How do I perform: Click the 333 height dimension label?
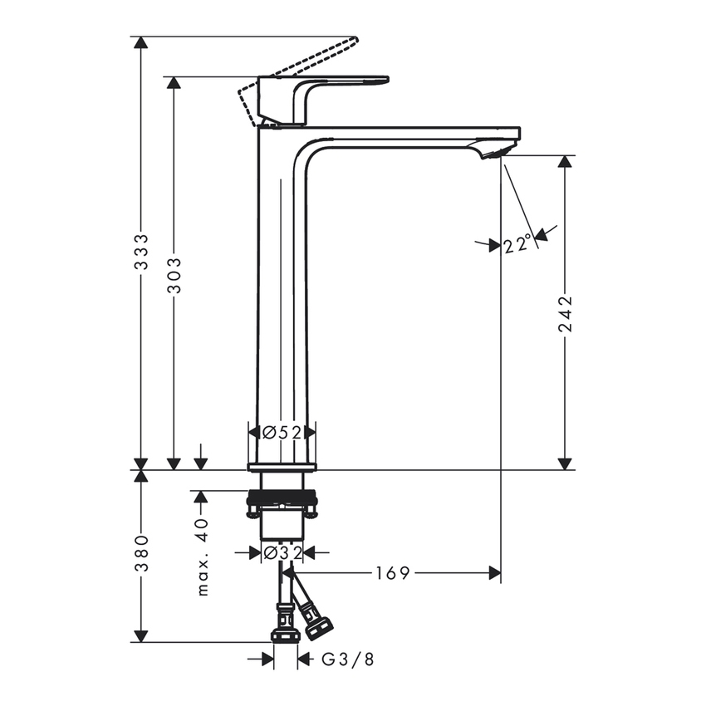pyautogui.click(x=142, y=252)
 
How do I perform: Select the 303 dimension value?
pyautogui.click(x=174, y=275)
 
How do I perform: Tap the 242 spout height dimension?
pyautogui.click(x=566, y=313)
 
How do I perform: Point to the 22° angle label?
pyautogui.click(x=517, y=243)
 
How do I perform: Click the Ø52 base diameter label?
pyautogui.click(x=282, y=432)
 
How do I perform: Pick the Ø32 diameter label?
pyautogui.click(x=282, y=552)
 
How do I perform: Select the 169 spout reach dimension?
pyautogui.click(x=393, y=572)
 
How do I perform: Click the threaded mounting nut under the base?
pyautogui.click(x=282, y=501)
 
